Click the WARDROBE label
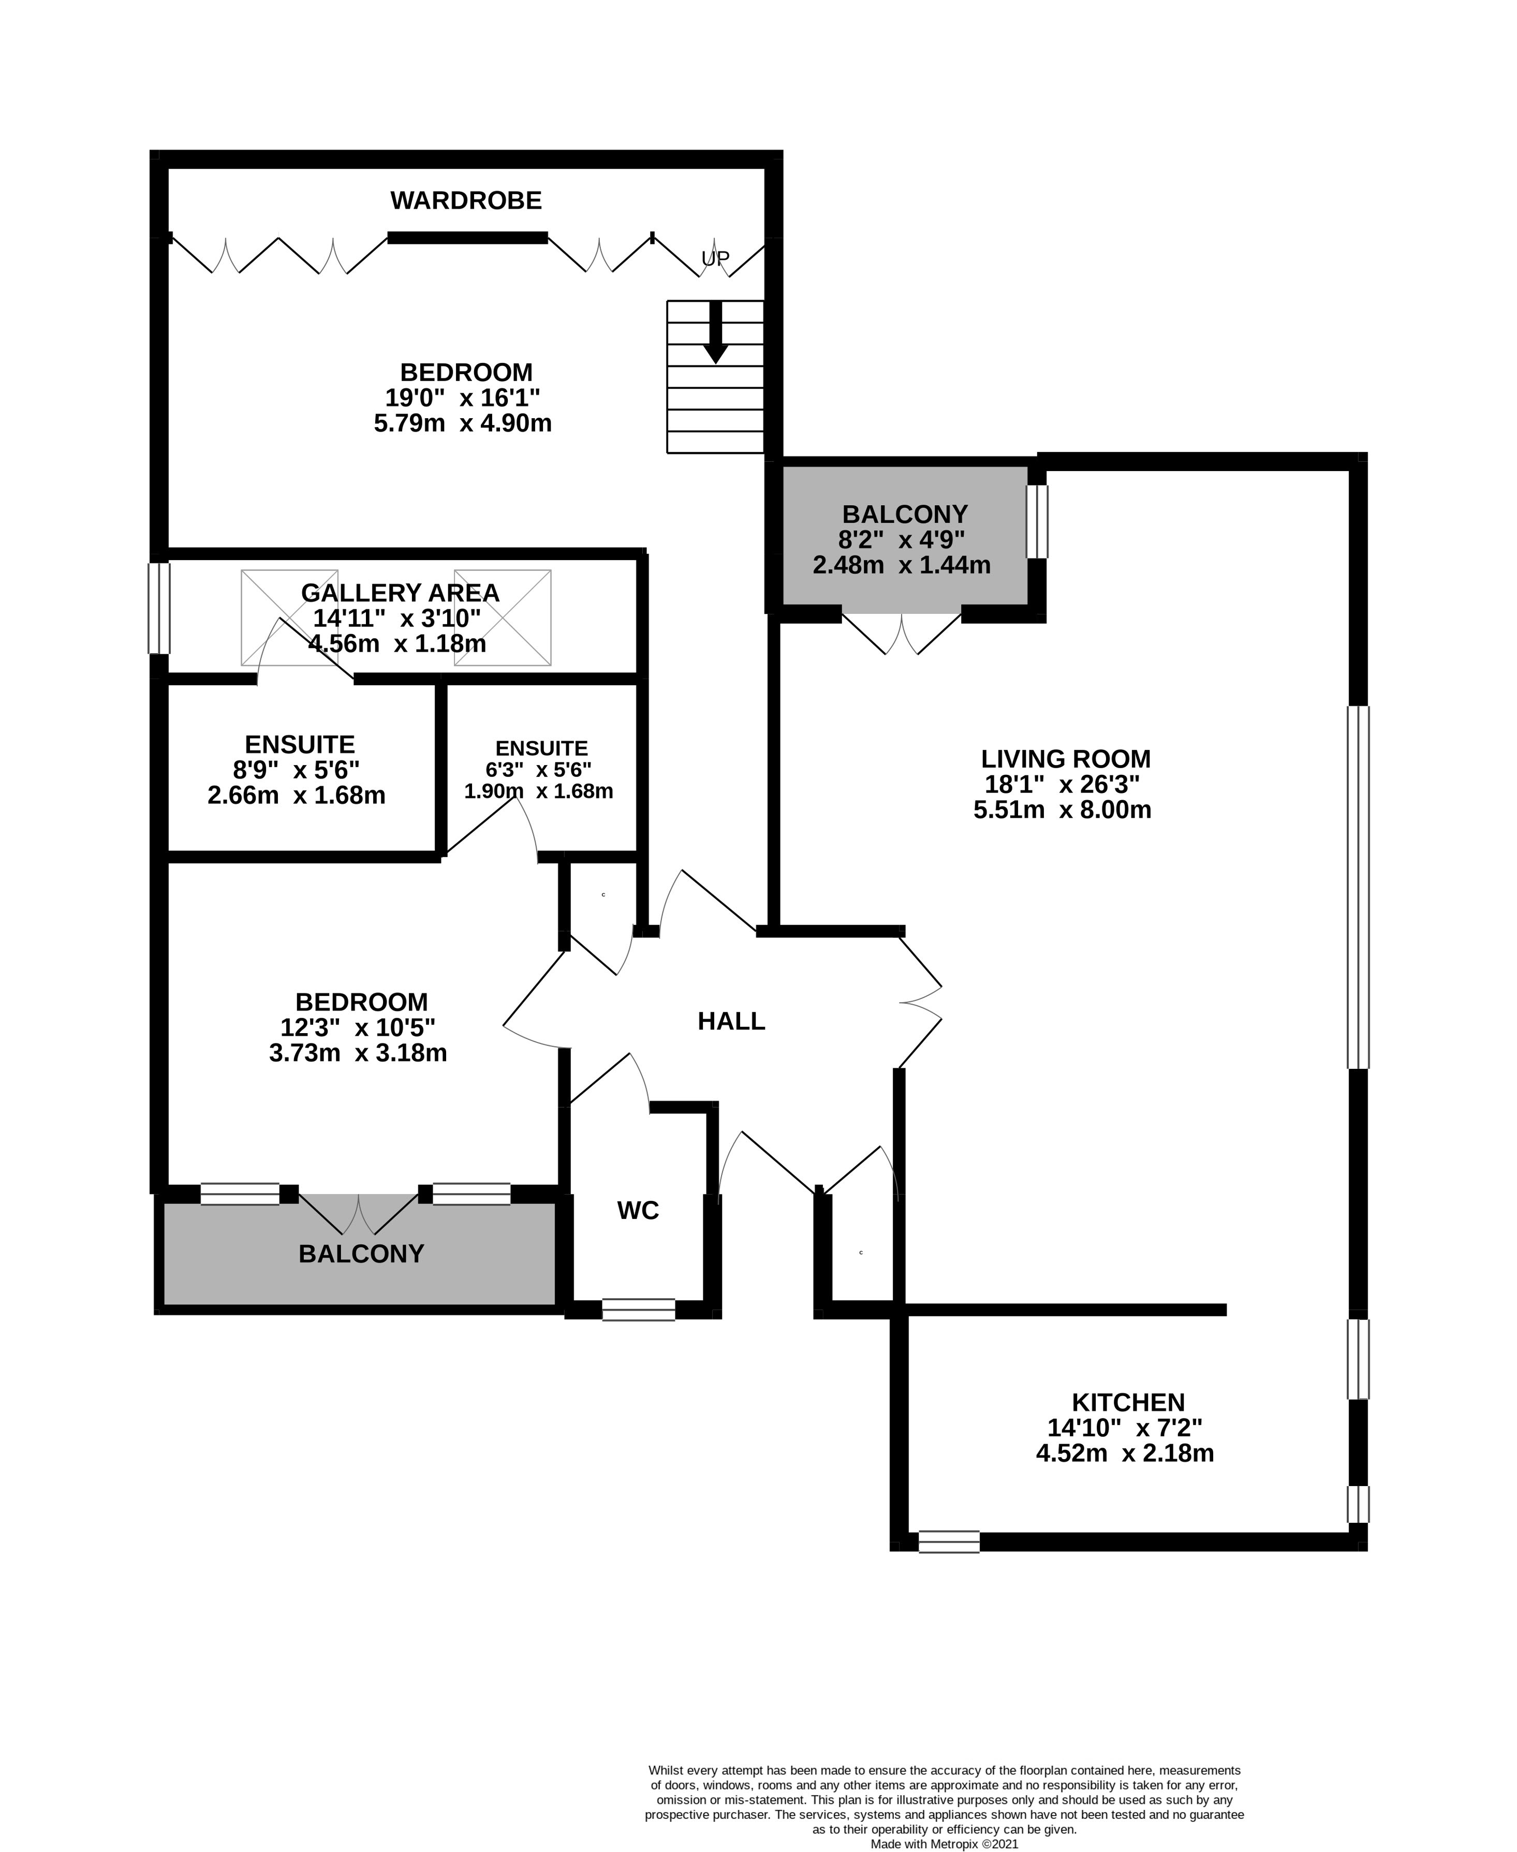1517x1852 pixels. pyautogui.click(x=466, y=201)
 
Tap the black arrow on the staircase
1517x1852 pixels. pyautogui.click(x=716, y=333)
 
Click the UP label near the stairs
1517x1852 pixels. pyautogui.click(x=715, y=259)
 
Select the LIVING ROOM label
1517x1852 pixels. pyautogui.click(x=1065, y=759)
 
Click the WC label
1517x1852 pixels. pyautogui.click(x=638, y=1211)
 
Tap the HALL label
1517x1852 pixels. pyautogui.click(x=731, y=1021)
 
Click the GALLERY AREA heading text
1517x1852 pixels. pyautogui.click(x=400, y=593)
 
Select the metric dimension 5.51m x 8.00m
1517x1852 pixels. pyautogui.click(x=1063, y=810)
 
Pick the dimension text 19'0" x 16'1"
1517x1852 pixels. pyautogui.click(x=463, y=398)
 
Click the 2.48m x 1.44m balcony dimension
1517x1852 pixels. pyautogui.click(x=902, y=565)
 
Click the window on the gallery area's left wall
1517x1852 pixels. pyautogui.click(x=158, y=608)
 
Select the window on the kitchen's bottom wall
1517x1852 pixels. pyautogui.click(x=949, y=1542)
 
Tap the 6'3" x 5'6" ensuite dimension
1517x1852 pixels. pyautogui.click(x=538, y=770)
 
